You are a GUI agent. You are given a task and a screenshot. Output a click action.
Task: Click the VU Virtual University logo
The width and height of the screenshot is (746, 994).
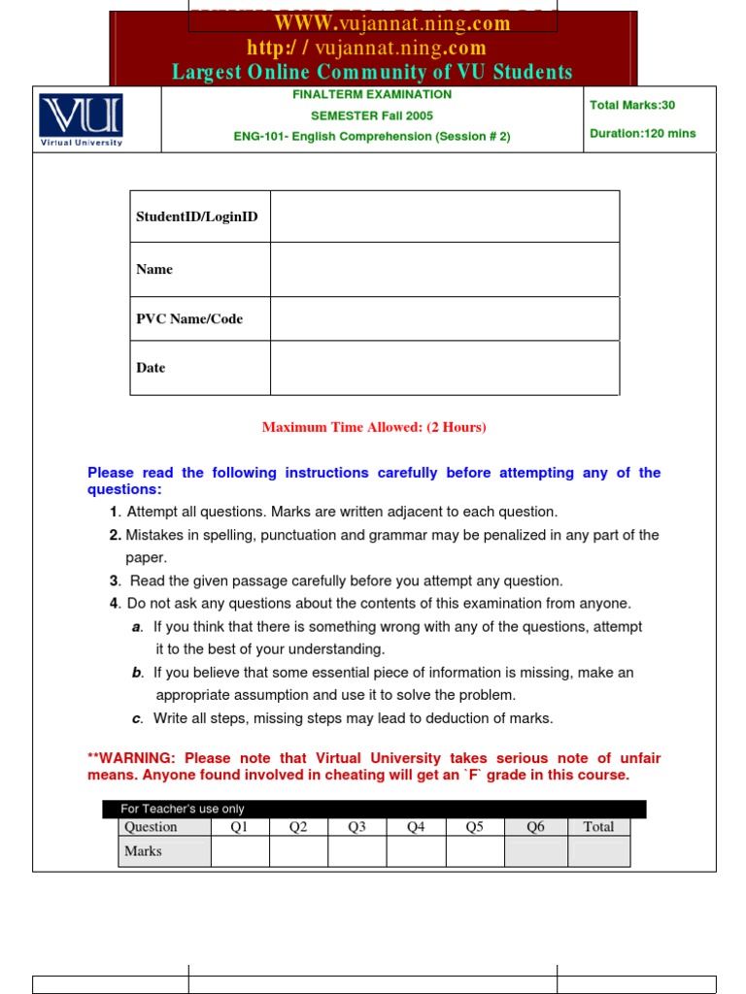[x=81, y=120]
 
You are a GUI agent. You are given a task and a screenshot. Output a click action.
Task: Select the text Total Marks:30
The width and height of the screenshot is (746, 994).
[x=631, y=105]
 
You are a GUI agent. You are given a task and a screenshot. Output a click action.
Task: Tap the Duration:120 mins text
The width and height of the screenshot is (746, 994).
[x=642, y=134]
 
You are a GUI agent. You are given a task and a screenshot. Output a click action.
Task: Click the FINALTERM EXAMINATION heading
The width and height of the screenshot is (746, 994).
[x=372, y=95]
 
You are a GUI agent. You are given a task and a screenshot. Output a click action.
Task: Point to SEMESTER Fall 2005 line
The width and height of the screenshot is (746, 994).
[x=372, y=116]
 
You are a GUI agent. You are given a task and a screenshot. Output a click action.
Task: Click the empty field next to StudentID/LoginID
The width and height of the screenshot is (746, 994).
[x=444, y=216]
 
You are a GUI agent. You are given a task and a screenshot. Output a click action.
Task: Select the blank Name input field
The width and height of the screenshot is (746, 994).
[x=444, y=270]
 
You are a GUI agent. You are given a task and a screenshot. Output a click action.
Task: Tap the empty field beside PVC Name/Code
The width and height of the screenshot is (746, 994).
[x=444, y=319]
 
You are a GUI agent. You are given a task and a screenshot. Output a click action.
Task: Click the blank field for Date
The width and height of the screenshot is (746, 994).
[x=444, y=368]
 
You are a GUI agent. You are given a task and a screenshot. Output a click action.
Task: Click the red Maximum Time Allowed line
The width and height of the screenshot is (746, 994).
[x=374, y=427]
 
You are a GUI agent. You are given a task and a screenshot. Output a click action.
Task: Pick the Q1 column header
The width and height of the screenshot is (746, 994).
[x=240, y=827]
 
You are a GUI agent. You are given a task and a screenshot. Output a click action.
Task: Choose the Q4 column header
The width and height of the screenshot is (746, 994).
[x=416, y=827]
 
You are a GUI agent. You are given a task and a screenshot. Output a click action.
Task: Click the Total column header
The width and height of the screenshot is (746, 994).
[x=598, y=827]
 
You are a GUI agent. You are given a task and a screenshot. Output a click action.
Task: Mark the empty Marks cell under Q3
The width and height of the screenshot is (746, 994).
[x=356, y=851]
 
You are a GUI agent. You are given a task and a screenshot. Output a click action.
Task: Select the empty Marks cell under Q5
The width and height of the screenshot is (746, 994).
[x=474, y=851]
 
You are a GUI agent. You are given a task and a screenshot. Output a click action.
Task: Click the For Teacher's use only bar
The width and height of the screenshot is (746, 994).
[x=374, y=809]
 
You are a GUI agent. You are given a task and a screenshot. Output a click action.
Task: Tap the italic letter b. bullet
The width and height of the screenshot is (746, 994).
[x=137, y=673]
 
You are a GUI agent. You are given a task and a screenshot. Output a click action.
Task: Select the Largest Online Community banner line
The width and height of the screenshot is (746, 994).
[x=372, y=72]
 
